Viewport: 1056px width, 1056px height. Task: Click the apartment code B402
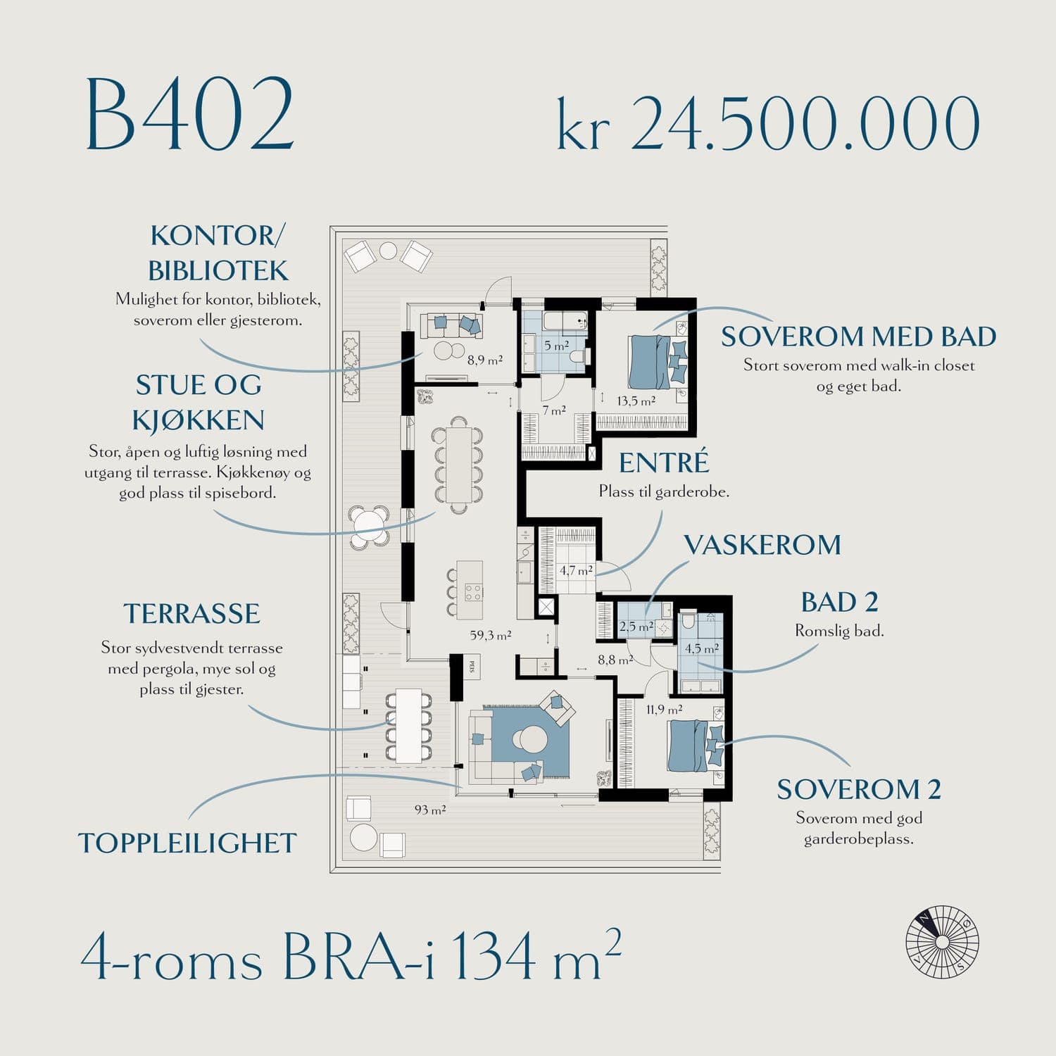(189, 114)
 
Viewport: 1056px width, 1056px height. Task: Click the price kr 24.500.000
(768, 122)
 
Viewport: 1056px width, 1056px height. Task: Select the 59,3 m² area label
(491, 635)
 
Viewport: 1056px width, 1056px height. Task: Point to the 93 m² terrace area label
(429, 810)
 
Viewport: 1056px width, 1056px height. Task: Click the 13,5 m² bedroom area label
(636, 401)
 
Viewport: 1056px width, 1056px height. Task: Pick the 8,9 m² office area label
(484, 360)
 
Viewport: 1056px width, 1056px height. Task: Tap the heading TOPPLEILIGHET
(187, 843)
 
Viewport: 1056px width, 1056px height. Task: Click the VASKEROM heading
(762, 545)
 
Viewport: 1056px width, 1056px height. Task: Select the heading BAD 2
(839, 603)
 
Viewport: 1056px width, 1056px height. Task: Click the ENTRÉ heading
(664, 462)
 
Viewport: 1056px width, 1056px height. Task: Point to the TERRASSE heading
(191, 614)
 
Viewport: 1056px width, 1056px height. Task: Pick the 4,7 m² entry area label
(576, 570)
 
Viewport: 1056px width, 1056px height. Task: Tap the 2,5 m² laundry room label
(636, 626)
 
